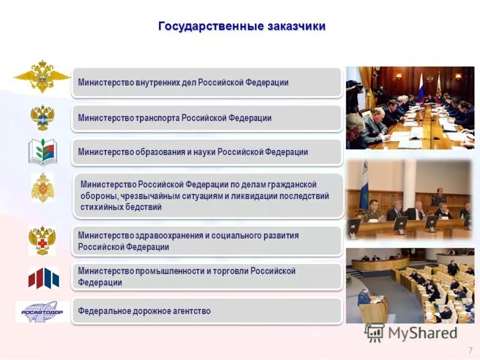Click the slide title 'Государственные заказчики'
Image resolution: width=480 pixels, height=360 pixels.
[242, 26]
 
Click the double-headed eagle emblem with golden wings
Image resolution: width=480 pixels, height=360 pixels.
[42, 77]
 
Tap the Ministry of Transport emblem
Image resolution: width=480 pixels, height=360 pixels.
[43, 118]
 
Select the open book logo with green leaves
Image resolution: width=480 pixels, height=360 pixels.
[42, 152]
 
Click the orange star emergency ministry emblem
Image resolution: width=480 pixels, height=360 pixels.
[43, 188]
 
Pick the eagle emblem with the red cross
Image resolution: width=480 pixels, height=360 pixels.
[43, 240]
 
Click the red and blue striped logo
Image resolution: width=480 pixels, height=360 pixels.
[43, 278]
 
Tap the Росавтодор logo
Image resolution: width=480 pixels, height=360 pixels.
[42, 311]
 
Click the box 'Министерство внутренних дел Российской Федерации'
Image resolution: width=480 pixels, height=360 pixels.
[206, 82]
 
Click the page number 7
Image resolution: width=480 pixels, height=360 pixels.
[470, 350]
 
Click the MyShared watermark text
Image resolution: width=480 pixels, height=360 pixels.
[422, 333]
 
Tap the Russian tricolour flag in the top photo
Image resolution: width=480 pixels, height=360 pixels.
[421, 86]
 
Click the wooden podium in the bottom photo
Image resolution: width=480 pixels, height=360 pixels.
[373, 309]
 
